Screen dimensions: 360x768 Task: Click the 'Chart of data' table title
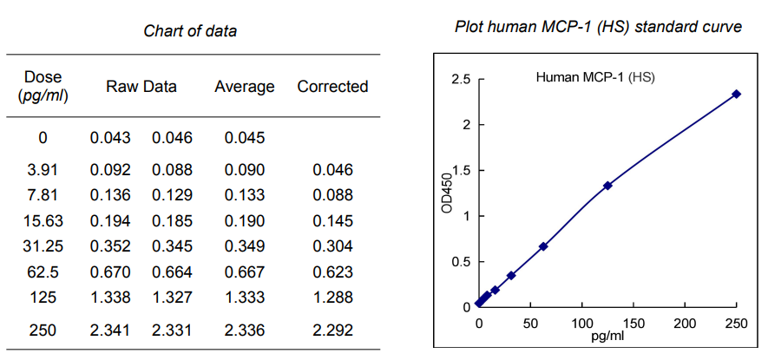pos(190,31)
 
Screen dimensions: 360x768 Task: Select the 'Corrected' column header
pos(332,87)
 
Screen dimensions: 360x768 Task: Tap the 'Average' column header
pos(245,87)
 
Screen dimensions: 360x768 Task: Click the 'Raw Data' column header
pos(141,87)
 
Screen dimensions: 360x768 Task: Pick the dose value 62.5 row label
pos(43,271)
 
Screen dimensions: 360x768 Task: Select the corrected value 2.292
pos(332,331)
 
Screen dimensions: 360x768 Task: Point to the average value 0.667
pos(244,271)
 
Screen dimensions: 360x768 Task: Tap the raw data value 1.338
pos(110,298)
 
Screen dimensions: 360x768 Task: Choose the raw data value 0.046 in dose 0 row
pos(173,137)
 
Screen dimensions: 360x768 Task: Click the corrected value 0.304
pos(332,245)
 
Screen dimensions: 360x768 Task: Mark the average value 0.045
pos(244,137)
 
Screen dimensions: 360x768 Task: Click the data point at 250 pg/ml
pos(737,94)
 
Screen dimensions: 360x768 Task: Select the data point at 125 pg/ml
pos(607,186)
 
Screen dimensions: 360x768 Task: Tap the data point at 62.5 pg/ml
pos(543,246)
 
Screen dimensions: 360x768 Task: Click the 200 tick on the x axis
pos(685,323)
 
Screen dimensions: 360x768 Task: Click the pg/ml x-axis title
pos(607,336)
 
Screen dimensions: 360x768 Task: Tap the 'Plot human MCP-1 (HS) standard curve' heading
pos(598,27)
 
